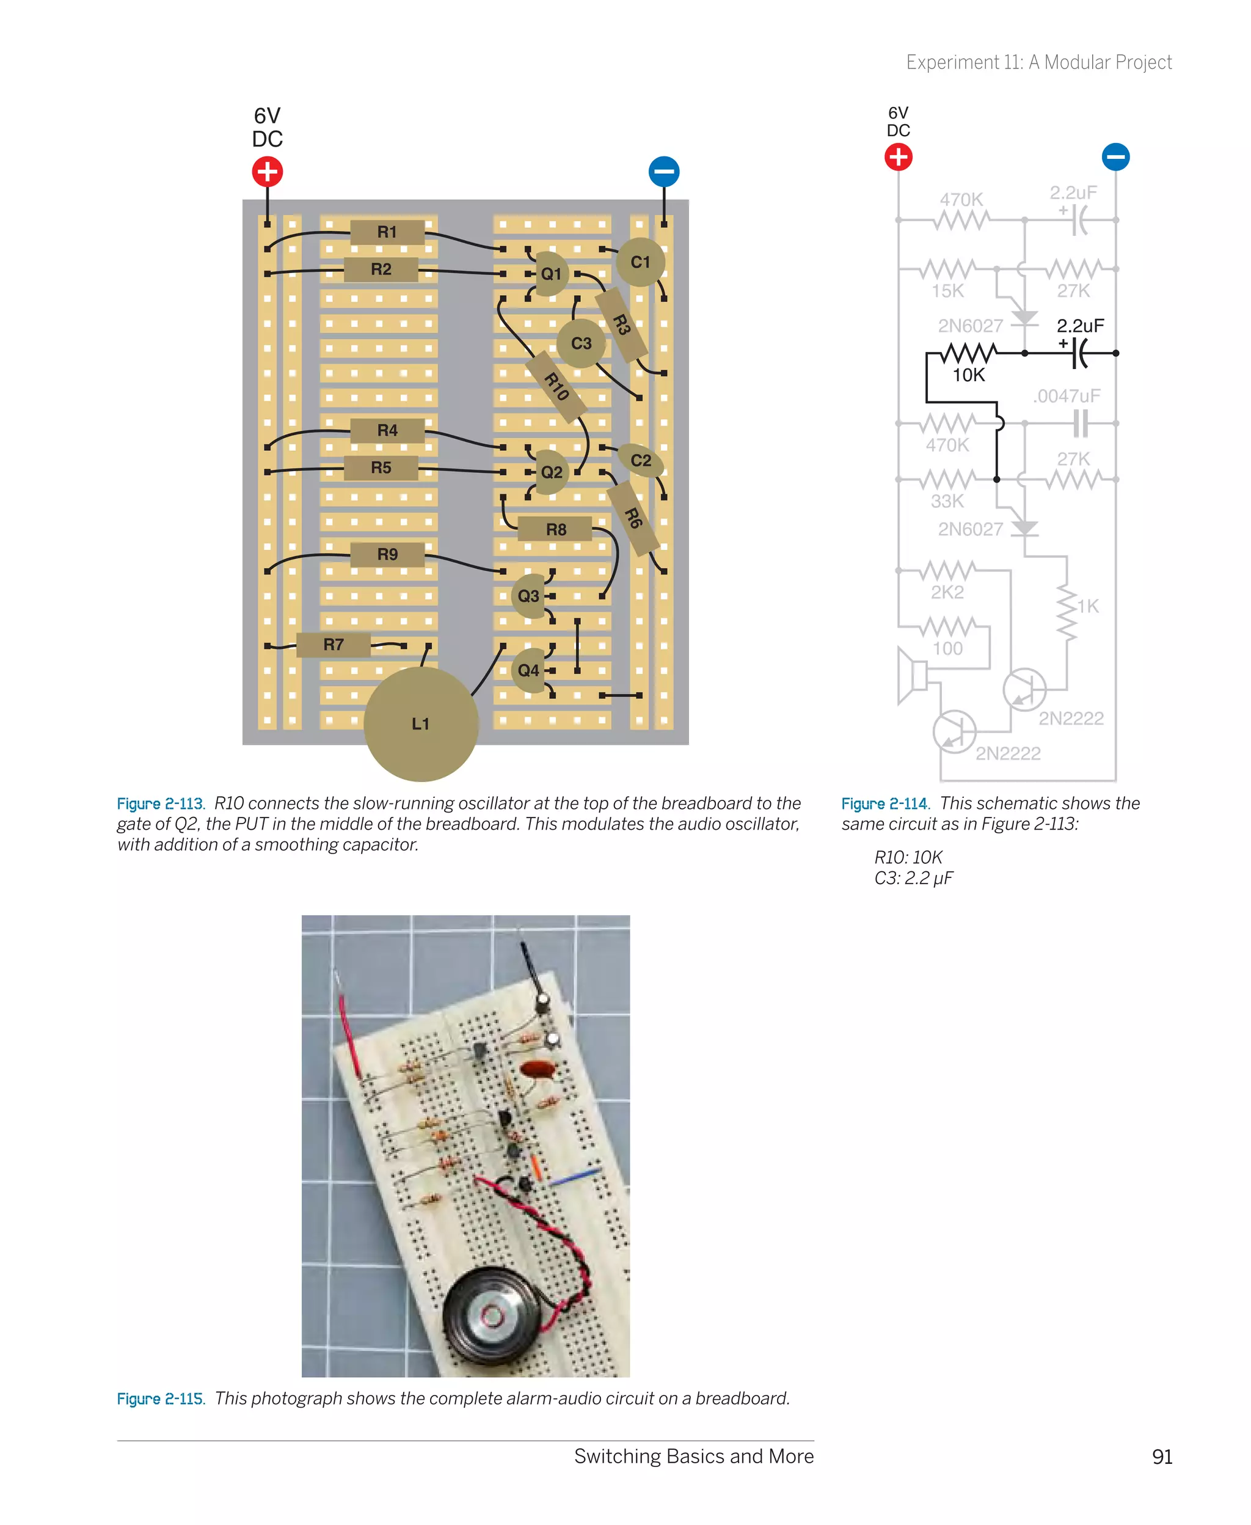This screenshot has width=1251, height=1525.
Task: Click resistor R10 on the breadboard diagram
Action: point(555,386)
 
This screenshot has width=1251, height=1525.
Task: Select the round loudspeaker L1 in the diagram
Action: point(421,723)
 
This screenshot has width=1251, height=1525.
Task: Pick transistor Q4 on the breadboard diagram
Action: point(529,670)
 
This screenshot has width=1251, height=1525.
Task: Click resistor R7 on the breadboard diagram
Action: point(333,645)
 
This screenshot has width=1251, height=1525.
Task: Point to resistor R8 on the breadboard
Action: point(556,529)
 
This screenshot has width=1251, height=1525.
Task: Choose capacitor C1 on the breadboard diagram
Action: point(640,262)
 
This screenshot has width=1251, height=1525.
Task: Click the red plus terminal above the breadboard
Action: point(268,172)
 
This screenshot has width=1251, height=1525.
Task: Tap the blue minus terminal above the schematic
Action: point(1115,156)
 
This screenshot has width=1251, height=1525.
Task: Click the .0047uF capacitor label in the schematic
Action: point(1067,396)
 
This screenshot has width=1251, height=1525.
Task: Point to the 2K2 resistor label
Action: point(947,591)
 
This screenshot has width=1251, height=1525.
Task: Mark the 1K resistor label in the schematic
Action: point(1087,606)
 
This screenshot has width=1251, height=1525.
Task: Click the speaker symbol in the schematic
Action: point(913,676)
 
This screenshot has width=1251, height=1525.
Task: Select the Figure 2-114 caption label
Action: point(884,803)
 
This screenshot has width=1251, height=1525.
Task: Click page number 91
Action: point(1162,1457)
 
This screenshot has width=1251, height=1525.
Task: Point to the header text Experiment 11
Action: point(1038,63)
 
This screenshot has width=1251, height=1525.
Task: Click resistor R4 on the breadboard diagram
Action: point(387,430)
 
